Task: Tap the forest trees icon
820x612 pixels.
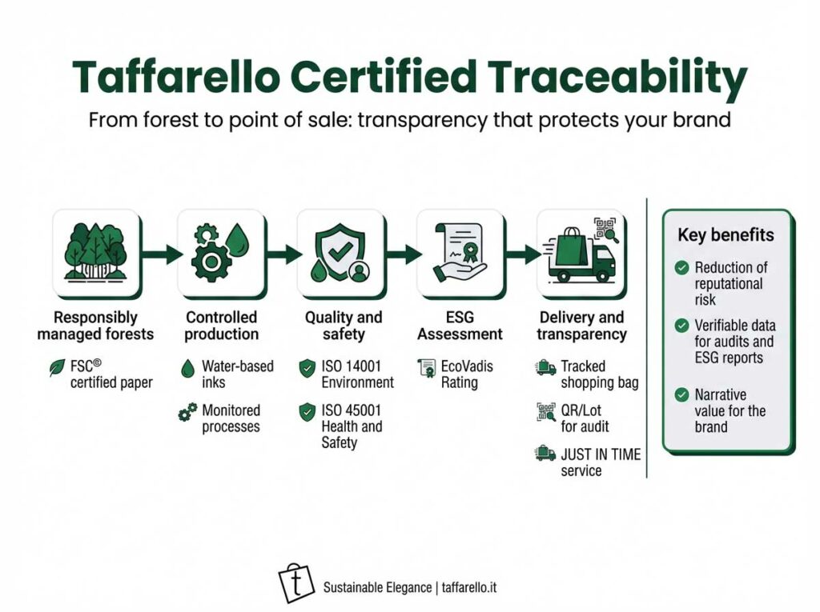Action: (x=96, y=252)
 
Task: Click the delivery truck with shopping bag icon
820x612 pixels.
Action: (x=581, y=253)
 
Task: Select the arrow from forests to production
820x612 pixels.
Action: (x=162, y=254)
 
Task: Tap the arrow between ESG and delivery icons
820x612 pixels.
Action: (x=524, y=254)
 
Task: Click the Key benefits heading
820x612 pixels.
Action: (x=726, y=234)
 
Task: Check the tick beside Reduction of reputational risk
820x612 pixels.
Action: (x=681, y=267)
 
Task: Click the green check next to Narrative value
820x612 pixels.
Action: (x=681, y=394)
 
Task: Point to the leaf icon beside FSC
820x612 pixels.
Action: (x=57, y=367)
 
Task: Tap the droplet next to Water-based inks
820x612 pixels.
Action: (x=187, y=369)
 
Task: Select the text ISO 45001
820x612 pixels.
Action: (x=351, y=410)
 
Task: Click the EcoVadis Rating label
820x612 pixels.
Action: (x=467, y=374)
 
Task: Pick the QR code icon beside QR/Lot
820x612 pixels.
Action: (x=546, y=412)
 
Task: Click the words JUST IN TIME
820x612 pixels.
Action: (x=601, y=454)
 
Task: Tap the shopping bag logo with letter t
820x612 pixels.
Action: (x=296, y=582)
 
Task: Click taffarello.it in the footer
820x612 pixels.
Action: (x=469, y=587)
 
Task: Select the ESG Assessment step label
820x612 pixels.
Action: (x=460, y=326)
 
